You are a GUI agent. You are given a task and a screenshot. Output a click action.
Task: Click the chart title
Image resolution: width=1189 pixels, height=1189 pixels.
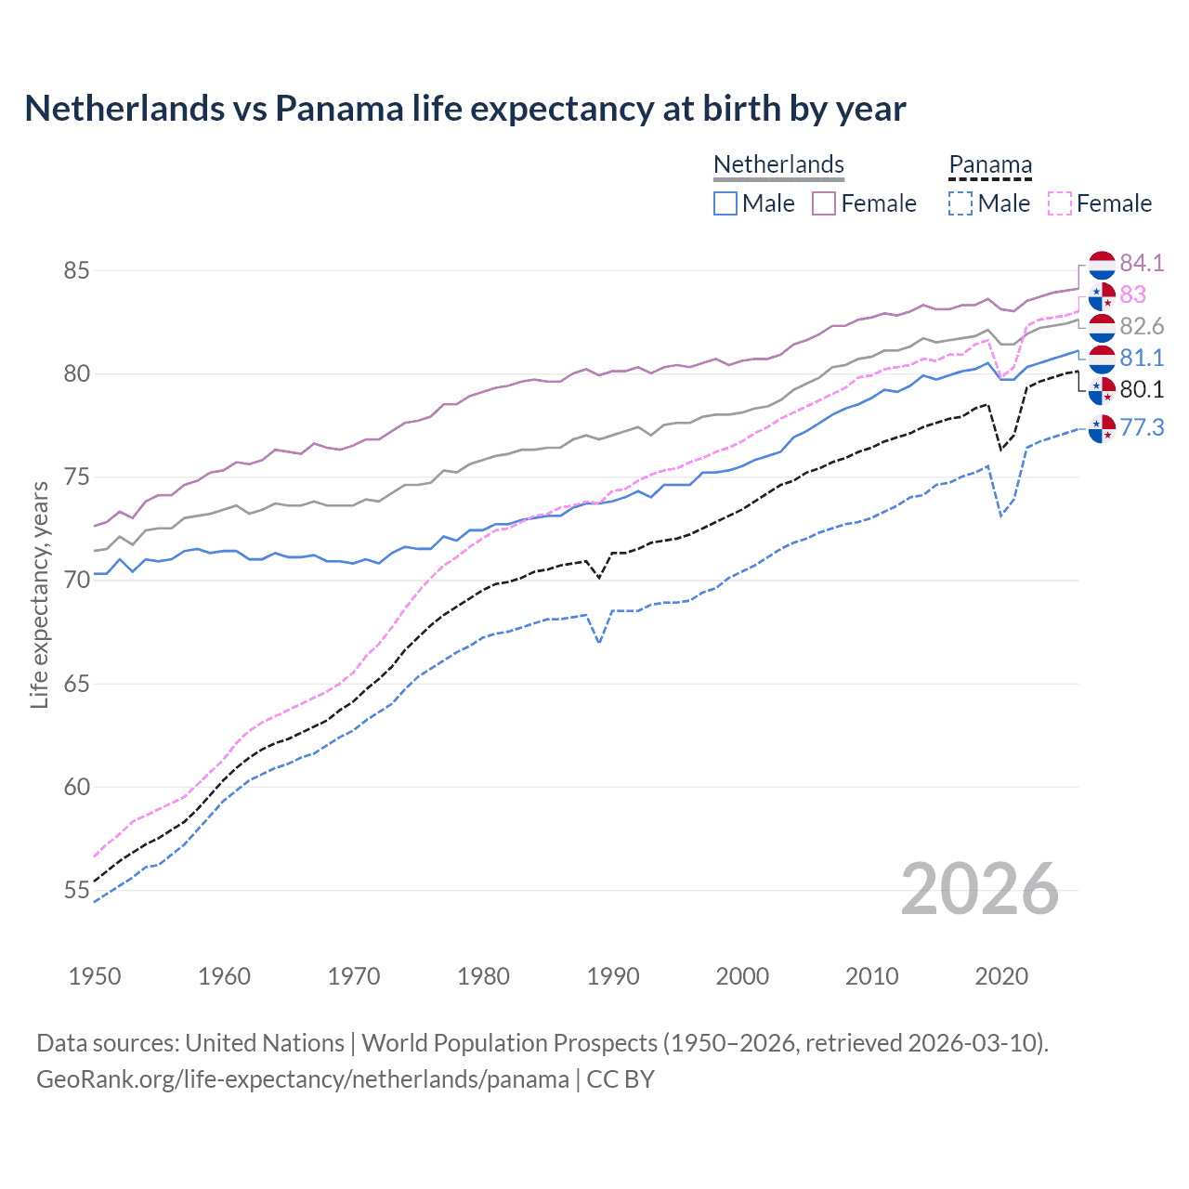pyautogui.click(x=464, y=109)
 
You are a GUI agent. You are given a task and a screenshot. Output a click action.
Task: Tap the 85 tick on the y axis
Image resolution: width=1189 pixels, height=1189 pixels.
pyautogui.click(x=76, y=271)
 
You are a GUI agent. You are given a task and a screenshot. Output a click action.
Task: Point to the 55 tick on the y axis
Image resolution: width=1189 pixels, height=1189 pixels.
pyautogui.click(x=76, y=891)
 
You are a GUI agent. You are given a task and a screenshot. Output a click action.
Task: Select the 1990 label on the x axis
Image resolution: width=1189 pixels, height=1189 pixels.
pyautogui.click(x=613, y=976)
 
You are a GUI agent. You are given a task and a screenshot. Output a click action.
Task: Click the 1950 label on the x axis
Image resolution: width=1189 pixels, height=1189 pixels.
pyautogui.click(x=95, y=976)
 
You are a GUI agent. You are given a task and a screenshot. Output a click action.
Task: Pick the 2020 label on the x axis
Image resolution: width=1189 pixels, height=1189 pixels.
pyautogui.click(x=1001, y=976)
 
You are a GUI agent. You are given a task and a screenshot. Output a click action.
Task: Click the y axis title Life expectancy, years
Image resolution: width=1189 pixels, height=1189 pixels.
pyautogui.click(x=39, y=594)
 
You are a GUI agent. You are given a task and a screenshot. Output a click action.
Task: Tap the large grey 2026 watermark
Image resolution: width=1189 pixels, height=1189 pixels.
pyautogui.click(x=980, y=889)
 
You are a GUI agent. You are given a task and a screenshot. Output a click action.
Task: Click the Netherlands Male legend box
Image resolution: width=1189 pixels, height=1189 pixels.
pyautogui.click(x=725, y=203)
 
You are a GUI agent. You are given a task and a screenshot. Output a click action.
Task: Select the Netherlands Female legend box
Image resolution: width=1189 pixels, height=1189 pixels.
pyautogui.click(x=824, y=203)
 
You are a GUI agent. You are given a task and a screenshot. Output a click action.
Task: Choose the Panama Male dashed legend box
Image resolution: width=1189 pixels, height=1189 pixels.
pyautogui.click(x=960, y=203)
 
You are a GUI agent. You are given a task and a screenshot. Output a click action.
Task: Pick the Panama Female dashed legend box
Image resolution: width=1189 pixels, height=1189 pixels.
pyautogui.click(x=1060, y=203)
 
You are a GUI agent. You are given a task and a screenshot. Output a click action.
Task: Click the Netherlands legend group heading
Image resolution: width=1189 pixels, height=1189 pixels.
pyautogui.click(x=778, y=164)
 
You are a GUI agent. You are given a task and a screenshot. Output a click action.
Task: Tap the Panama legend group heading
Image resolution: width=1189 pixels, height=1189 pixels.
pyautogui.click(x=990, y=164)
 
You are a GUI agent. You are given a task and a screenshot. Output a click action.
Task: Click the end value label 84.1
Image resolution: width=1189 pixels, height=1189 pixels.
pyautogui.click(x=1142, y=263)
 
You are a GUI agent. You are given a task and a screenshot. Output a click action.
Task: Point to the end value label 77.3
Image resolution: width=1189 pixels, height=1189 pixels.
pyautogui.click(x=1142, y=427)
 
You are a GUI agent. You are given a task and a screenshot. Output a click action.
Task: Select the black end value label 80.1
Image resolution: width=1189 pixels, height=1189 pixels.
pyautogui.click(x=1142, y=389)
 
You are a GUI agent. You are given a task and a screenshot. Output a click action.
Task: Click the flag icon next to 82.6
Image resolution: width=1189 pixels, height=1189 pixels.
pyautogui.click(x=1102, y=327)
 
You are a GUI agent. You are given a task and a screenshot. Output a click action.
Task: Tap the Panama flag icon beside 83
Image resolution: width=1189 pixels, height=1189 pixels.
pyautogui.click(x=1102, y=295)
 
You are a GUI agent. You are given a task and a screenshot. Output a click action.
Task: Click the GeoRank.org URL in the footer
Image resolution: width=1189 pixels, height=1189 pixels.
pyautogui.click(x=302, y=1079)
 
